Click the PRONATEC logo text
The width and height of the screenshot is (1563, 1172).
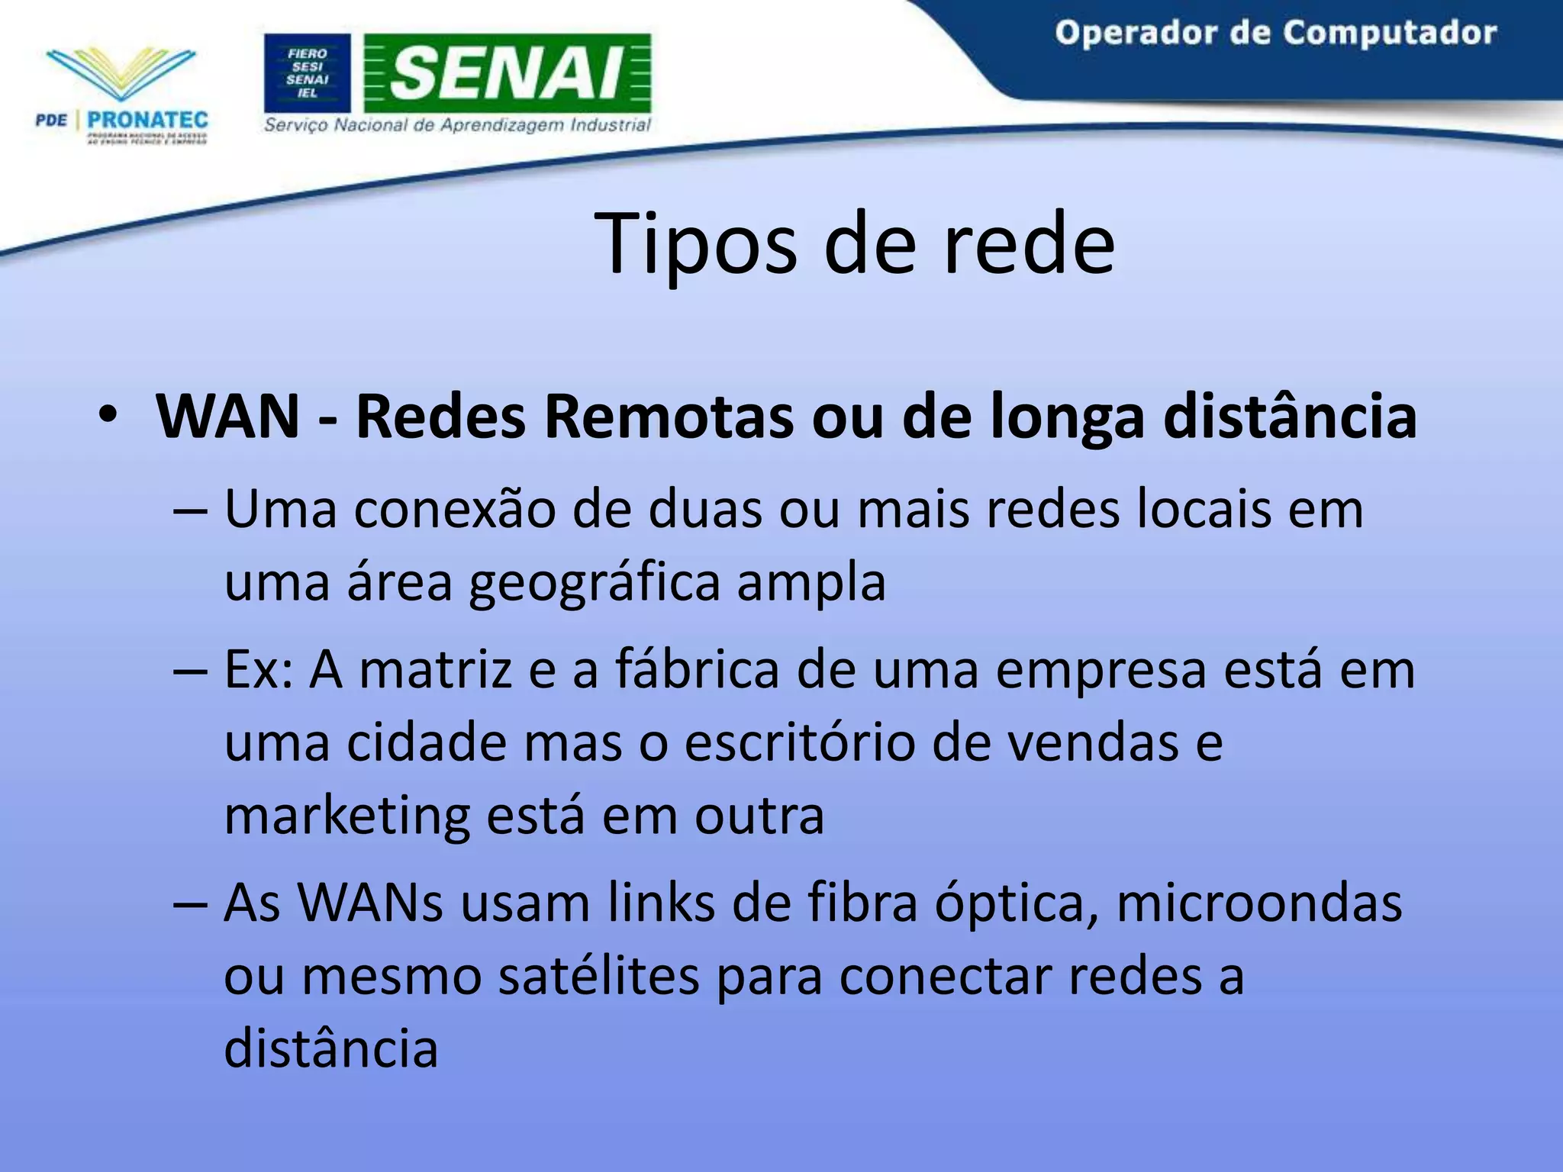point(147,120)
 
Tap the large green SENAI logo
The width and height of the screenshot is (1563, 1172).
point(508,73)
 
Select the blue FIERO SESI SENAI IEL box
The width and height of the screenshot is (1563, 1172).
point(307,73)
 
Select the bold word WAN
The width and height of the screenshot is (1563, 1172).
point(227,417)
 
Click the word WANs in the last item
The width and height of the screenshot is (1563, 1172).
point(371,903)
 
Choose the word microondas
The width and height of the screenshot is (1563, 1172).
point(1259,903)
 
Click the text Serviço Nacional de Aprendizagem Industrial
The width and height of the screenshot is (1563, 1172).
point(457,125)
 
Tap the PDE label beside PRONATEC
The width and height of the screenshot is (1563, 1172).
point(51,120)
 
